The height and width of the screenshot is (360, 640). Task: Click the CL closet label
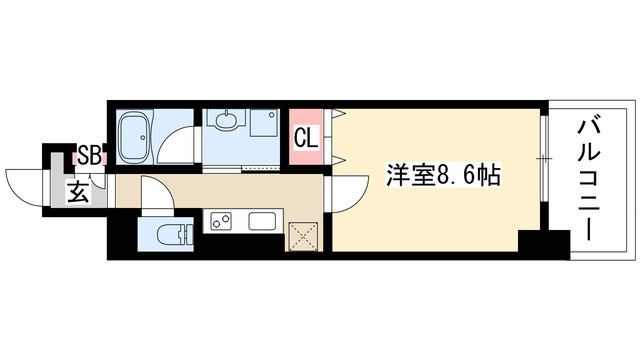click(306, 136)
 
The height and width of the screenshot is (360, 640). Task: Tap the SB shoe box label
click(89, 156)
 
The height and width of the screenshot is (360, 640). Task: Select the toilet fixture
click(176, 235)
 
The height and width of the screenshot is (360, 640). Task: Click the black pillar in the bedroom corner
click(534, 241)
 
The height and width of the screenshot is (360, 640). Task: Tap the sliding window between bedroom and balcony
click(545, 160)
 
